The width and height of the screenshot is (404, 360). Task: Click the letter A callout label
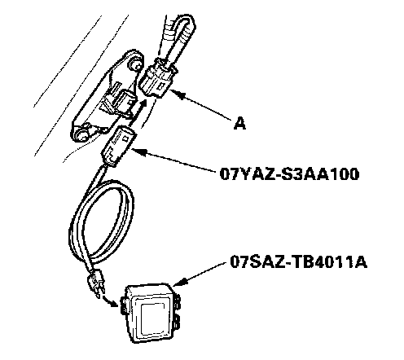[x=239, y=124]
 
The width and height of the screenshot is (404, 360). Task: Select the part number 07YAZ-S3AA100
[x=289, y=174]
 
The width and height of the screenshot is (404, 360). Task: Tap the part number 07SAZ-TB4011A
[x=298, y=262]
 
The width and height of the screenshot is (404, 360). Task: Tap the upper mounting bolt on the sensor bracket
[x=135, y=64]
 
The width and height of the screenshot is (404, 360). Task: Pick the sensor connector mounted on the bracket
[x=120, y=104]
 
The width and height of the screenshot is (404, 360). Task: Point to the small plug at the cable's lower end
[x=95, y=283]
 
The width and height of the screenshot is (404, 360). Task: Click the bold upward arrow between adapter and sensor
[x=138, y=112]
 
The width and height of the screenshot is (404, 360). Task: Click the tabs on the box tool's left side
[x=124, y=305]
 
